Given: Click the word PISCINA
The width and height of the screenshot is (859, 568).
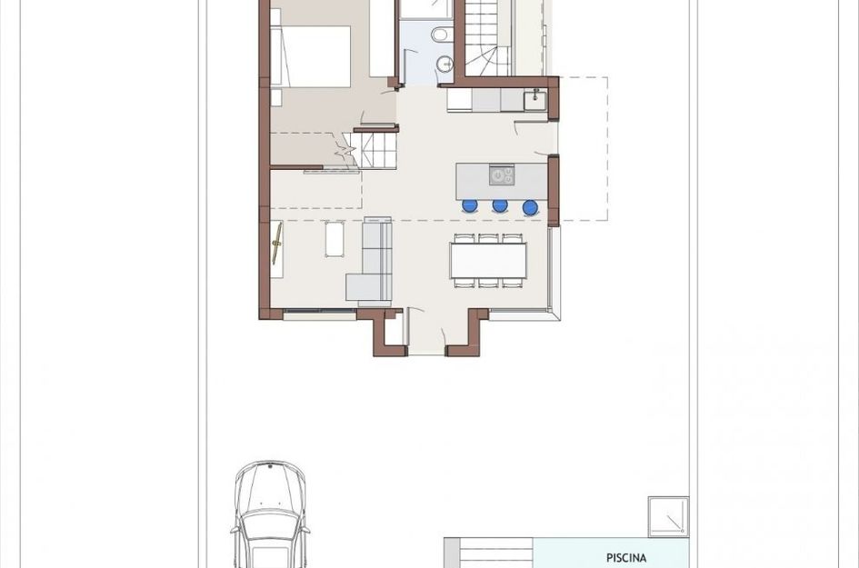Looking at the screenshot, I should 625,558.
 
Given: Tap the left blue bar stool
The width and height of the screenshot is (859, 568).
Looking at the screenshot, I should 470,206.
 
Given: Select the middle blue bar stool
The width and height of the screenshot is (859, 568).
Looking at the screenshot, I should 500,206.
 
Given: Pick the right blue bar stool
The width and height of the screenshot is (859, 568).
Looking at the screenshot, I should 530,207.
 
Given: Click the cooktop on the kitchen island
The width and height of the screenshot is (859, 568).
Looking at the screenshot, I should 501,174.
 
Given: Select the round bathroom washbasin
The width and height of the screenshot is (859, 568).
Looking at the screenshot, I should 444,65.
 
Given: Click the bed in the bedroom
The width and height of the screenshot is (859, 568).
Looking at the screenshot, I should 314,55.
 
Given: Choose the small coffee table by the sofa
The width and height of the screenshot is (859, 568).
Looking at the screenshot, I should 335,240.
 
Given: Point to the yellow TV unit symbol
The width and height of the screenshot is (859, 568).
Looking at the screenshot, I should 277,244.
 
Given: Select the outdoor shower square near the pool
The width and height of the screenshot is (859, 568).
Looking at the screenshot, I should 668,517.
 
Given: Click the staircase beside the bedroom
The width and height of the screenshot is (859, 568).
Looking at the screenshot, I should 375,149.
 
